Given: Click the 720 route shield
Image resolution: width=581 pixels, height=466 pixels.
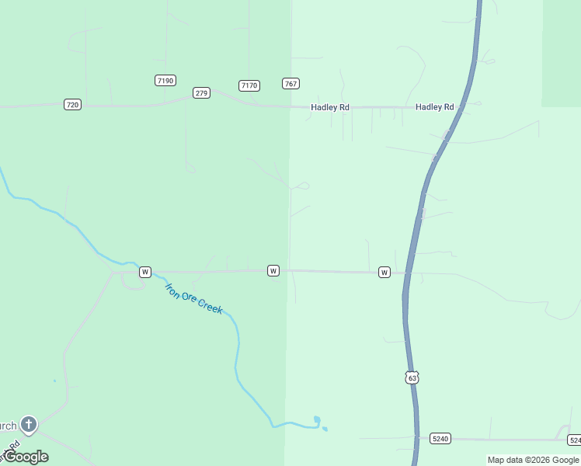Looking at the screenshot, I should [x=72, y=104].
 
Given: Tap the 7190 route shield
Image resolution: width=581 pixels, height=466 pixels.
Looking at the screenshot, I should [x=165, y=81].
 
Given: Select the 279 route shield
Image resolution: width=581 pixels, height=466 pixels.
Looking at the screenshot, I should [x=201, y=93].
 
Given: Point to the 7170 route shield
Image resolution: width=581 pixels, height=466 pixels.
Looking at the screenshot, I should [x=249, y=85].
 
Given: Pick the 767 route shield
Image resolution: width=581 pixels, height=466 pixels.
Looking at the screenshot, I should [x=291, y=84].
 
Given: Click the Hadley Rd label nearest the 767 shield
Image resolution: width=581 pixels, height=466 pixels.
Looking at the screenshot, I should [x=329, y=107].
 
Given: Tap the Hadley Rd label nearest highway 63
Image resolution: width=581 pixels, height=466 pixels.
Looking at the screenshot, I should [x=434, y=106].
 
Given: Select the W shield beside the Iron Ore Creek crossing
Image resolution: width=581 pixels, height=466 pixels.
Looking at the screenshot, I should [x=145, y=272].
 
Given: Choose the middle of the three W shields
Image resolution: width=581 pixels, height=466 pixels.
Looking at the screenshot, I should [x=273, y=270].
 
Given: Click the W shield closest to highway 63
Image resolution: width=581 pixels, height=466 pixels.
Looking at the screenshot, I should [x=384, y=272].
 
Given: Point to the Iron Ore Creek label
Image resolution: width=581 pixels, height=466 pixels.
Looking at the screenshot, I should [x=194, y=298].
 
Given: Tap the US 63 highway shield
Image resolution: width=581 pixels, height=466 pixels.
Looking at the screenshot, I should [x=412, y=377].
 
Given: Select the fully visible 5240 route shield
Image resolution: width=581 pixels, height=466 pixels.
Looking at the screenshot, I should [x=440, y=439].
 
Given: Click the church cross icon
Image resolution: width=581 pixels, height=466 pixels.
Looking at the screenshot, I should [x=29, y=425].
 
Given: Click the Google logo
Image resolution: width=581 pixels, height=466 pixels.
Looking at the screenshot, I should [x=26, y=456].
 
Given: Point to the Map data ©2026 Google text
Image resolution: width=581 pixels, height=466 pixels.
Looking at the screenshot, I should [x=533, y=460].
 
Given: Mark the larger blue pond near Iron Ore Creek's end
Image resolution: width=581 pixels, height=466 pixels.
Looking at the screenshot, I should [x=316, y=422].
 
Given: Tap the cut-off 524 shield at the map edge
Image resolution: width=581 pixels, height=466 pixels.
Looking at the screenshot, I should [x=574, y=440].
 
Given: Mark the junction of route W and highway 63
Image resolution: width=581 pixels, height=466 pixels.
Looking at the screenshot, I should [x=406, y=273].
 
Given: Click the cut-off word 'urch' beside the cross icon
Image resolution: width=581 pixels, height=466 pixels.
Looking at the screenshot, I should [x=8, y=426].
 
